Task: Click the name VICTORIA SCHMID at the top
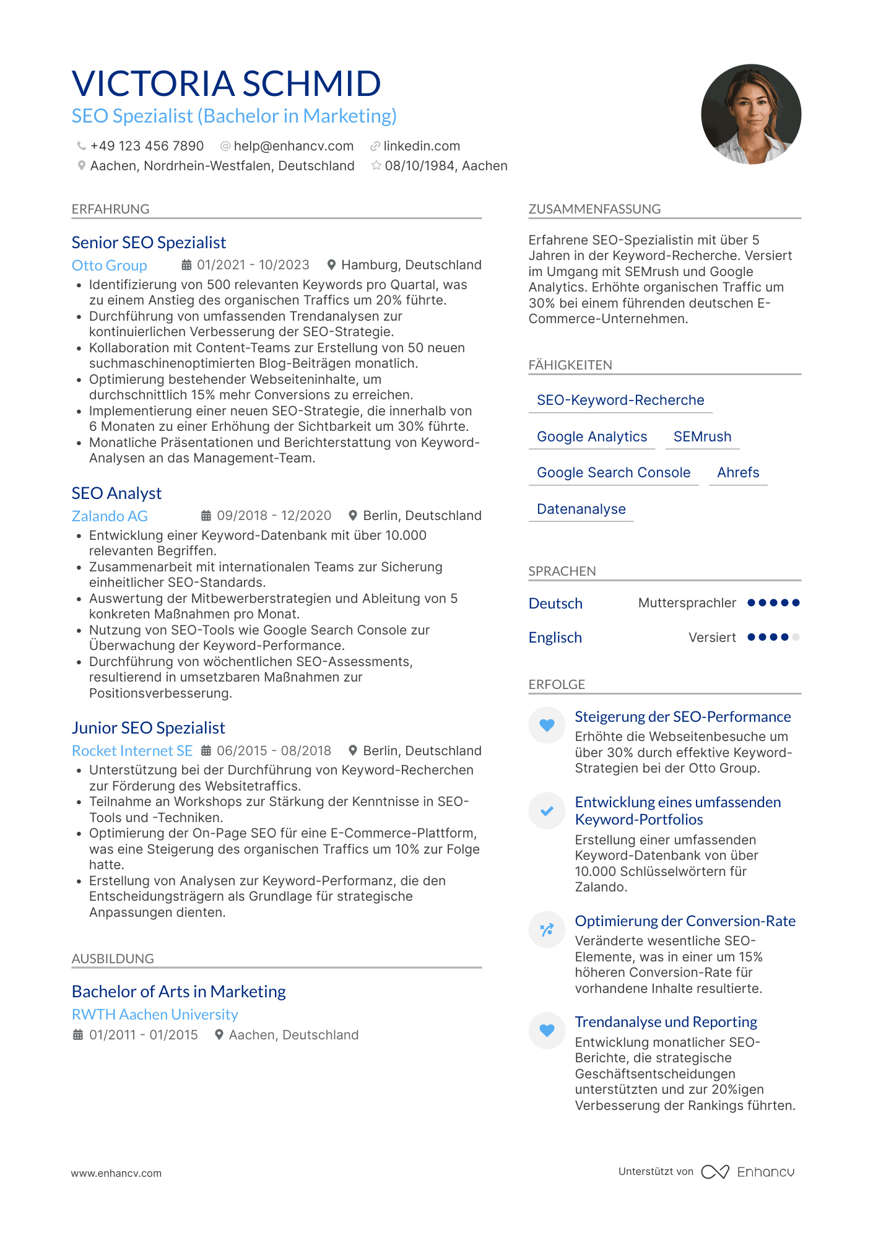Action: click(226, 84)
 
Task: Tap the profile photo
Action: click(750, 115)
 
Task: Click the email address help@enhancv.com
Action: click(293, 146)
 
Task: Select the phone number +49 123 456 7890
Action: click(147, 146)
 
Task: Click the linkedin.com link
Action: click(421, 146)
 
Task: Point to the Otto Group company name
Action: click(109, 266)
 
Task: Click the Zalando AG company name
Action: click(110, 516)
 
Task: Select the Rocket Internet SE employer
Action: click(132, 751)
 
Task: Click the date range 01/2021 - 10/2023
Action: click(253, 265)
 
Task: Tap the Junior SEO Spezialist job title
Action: click(148, 728)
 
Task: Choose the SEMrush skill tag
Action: click(702, 437)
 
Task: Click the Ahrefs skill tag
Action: click(738, 473)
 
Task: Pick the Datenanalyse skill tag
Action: click(581, 509)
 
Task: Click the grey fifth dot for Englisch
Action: click(796, 637)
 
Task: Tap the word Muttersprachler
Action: click(687, 603)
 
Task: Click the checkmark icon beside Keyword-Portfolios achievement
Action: click(547, 811)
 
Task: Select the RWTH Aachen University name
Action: click(155, 1015)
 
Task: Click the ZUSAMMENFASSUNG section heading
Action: click(594, 209)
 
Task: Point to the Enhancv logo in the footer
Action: click(748, 1172)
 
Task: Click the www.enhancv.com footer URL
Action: click(116, 1173)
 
